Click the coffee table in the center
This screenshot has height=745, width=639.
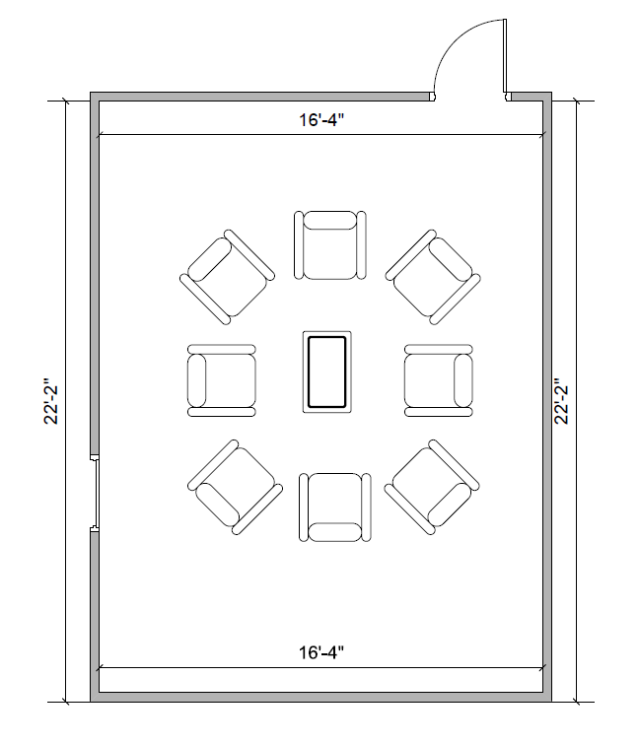[x=327, y=372]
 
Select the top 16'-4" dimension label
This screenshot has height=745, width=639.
[x=320, y=120]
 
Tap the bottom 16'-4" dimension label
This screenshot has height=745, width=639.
[x=320, y=652]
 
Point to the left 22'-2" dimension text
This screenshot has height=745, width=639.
[x=51, y=401]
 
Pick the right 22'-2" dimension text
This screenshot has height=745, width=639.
[x=561, y=401]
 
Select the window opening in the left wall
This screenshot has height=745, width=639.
[x=95, y=493]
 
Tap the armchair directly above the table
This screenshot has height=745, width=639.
[x=330, y=245]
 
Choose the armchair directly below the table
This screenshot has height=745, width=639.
[x=334, y=507]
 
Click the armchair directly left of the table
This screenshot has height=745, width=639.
[x=222, y=380]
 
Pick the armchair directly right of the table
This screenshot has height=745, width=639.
[x=439, y=380]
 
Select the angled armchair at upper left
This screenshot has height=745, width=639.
[x=227, y=277]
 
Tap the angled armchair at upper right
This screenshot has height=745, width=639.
[x=433, y=277]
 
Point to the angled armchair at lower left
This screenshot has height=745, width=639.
[x=235, y=487]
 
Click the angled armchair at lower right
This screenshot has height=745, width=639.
[x=432, y=487]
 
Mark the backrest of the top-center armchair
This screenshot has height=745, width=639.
[x=330, y=221]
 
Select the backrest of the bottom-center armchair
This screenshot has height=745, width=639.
[x=334, y=532]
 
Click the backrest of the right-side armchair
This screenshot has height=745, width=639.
[x=463, y=380]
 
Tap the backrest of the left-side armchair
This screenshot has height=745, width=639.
[x=197, y=380]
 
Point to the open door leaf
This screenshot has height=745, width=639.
[x=505, y=56]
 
